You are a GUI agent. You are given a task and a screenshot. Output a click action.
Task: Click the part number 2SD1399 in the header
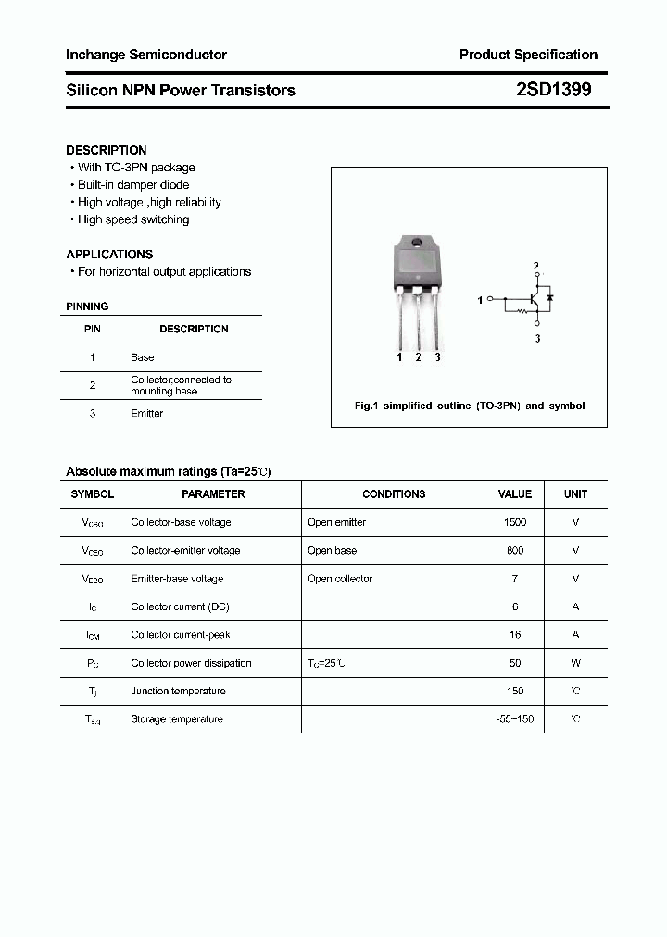pyautogui.click(x=553, y=90)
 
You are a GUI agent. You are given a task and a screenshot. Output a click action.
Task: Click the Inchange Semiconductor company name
pyautogui.click(x=146, y=55)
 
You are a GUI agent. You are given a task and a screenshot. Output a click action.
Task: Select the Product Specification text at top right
pyautogui.click(x=528, y=55)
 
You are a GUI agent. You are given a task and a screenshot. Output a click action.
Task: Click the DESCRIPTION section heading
pyautogui.click(x=107, y=150)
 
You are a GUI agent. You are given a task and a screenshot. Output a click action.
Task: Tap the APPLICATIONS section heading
pyautogui.click(x=109, y=254)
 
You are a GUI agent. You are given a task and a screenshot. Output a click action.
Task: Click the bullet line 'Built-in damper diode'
pyautogui.click(x=133, y=185)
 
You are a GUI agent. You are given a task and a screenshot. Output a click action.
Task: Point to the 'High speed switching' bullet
pyautogui.click(x=133, y=219)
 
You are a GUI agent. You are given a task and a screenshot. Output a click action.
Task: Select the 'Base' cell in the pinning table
pyautogui.click(x=143, y=357)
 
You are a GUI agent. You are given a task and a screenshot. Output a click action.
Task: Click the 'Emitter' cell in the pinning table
pyautogui.click(x=146, y=414)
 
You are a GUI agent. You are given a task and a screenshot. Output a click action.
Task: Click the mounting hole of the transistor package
pyautogui.click(x=417, y=244)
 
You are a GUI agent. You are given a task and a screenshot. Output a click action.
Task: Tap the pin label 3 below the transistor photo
pyautogui.click(x=437, y=357)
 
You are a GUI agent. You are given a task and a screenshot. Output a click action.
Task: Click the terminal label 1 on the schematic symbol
pyautogui.click(x=480, y=301)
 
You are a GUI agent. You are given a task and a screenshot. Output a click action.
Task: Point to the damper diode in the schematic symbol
pyautogui.click(x=551, y=298)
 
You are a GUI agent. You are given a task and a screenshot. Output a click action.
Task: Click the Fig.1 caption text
pyautogui.click(x=470, y=406)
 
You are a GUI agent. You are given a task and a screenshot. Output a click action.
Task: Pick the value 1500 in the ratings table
pyautogui.click(x=515, y=522)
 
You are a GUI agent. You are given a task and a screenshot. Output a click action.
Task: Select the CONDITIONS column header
pyautogui.click(x=394, y=494)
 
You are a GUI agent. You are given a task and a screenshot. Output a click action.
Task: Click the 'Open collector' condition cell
pyautogui.click(x=340, y=579)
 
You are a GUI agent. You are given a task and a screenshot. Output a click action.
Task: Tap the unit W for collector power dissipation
pyautogui.click(x=575, y=663)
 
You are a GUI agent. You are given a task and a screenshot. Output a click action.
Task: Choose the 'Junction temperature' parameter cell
pyautogui.click(x=177, y=691)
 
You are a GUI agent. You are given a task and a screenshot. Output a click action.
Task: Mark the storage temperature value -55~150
pyautogui.click(x=515, y=719)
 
